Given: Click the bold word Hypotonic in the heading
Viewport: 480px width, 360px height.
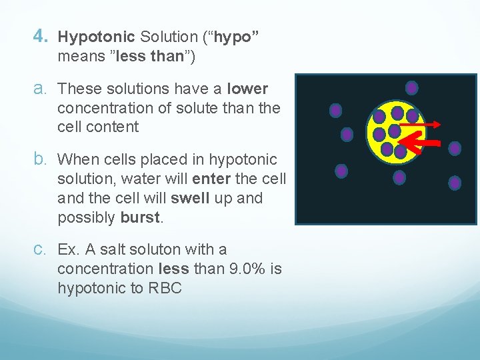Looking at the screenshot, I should (x=96, y=37).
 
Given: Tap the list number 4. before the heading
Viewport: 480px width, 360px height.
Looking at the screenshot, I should (x=40, y=37).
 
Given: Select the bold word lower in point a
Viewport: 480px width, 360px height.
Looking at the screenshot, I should (x=247, y=89).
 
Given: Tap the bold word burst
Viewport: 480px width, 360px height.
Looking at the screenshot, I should (x=140, y=217).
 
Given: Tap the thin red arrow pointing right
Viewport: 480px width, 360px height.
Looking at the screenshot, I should (x=420, y=124).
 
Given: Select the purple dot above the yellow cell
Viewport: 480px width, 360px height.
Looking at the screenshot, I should (x=412, y=87).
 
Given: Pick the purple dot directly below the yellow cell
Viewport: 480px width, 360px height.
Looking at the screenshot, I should (x=399, y=177).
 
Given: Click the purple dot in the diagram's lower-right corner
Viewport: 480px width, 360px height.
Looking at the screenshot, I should (x=455, y=182).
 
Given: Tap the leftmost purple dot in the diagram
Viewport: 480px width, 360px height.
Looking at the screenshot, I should (x=336, y=111).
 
